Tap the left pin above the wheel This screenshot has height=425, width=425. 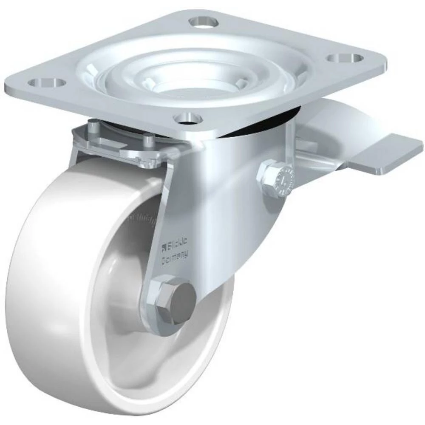click(x=92, y=127)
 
